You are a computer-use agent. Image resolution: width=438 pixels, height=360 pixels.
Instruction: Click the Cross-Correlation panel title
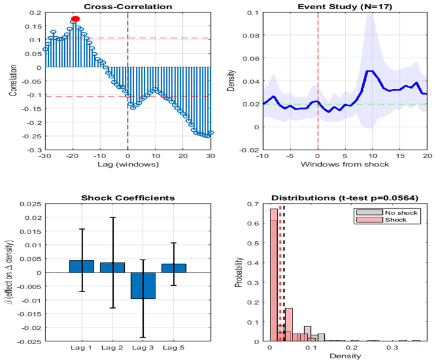(127, 6)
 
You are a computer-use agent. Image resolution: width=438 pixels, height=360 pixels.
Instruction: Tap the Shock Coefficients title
(128, 198)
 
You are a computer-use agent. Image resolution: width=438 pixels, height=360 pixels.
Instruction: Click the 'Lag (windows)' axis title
(127, 165)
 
